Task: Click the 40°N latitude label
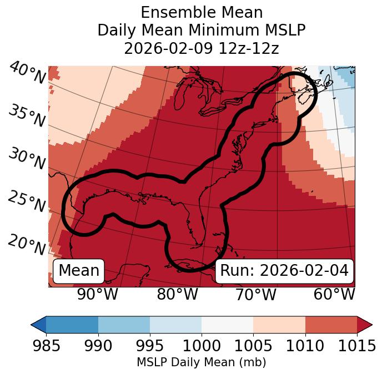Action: pyautogui.click(x=27, y=73)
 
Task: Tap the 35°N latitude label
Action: pyautogui.click(x=27, y=116)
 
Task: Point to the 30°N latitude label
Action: pyautogui.click(x=27, y=159)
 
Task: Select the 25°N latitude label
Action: pyautogui.click(x=27, y=202)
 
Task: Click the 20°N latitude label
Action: pyautogui.click(x=27, y=244)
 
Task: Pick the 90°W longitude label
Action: pyautogui.click(x=97, y=294)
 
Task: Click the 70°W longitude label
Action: pyautogui.click(x=255, y=294)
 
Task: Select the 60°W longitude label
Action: pyautogui.click(x=334, y=294)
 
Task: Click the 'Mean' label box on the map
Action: pyautogui.click(x=79, y=271)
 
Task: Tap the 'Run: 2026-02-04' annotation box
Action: pyautogui.click(x=284, y=271)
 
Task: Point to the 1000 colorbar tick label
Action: pyautogui.click(x=202, y=346)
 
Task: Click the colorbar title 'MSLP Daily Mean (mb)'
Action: pyautogui.click(x=201, y=362)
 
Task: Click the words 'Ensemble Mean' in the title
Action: pyautogui.click(x=201, y=12)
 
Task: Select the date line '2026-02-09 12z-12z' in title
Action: pyautogui.click(x=201, y=48)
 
